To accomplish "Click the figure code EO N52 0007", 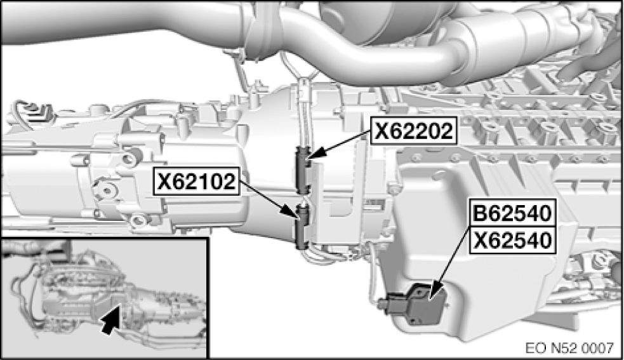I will [569, 348].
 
